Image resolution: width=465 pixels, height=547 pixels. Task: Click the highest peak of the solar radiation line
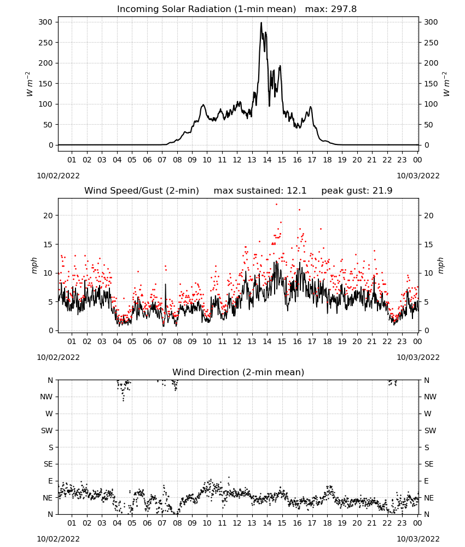[x=261, y=22]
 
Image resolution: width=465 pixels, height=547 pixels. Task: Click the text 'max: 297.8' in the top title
[x=331, y=9]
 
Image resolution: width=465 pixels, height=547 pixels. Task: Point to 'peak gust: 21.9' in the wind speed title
[x=357, y=191]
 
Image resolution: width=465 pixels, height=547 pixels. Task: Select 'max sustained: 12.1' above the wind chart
[x=260, y=191]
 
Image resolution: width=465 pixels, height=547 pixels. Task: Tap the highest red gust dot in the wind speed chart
[x=276, y=204]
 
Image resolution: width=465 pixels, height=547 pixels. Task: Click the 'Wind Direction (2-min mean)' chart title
[x=239, y=372]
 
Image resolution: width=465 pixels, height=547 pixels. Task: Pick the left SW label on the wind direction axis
[x=47, y=430]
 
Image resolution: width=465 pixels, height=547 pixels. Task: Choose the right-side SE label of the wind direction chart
[x=429, y=464]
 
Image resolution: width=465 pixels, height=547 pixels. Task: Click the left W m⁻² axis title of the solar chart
[x=30, y=84]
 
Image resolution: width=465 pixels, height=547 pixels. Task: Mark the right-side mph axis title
[x=440, y=266]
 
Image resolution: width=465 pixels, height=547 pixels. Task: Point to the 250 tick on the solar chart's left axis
[x=46, y=43]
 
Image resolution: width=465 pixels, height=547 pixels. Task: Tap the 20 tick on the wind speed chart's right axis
[x=429, y=216]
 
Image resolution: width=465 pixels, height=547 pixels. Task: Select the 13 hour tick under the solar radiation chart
[x=252, y=160]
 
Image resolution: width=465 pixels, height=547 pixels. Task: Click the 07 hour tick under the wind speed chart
[x=162, y=341]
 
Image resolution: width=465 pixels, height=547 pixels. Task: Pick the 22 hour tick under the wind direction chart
[x=387, y=523]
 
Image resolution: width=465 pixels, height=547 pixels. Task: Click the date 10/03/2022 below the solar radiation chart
[x=418, y=176]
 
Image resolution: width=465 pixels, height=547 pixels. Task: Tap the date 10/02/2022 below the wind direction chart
[x=58, y=539]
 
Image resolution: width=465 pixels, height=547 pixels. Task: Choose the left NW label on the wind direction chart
[x=46, y=397]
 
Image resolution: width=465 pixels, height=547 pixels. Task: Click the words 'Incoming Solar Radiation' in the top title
[x=174, y=9]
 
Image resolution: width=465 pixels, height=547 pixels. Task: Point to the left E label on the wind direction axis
[x=50, y=481]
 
